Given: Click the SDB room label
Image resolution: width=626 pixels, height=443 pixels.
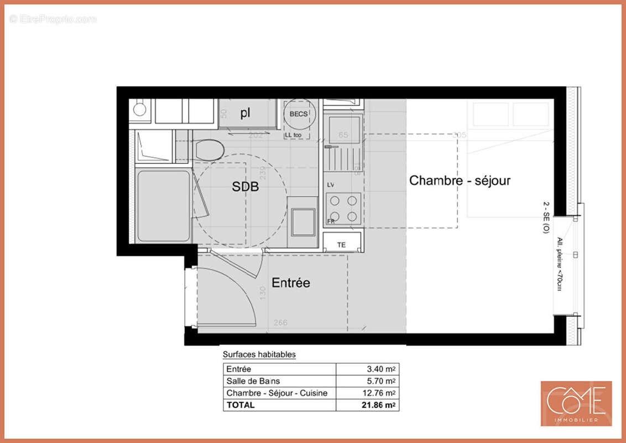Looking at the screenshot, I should pos(246,187).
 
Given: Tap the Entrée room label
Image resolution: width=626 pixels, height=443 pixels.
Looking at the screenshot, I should pos(291,283).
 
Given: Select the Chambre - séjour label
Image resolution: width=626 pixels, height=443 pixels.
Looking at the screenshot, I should pos(460,181).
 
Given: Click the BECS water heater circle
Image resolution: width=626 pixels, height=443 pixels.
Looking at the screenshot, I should pos(299,115).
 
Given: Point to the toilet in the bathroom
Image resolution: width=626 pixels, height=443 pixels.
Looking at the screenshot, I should pos(209,150).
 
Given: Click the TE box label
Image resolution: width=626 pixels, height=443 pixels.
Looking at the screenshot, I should pos(341,244).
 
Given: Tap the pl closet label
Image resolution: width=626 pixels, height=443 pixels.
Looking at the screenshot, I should pos(246,114).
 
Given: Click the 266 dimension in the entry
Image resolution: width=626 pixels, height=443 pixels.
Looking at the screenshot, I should pos(281,323).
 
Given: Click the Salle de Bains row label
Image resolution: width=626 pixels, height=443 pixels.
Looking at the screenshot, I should pos(253,381).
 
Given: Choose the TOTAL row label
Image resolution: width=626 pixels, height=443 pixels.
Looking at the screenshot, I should pos(241,405).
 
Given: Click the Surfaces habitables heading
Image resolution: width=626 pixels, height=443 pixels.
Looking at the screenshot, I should pos(259,354).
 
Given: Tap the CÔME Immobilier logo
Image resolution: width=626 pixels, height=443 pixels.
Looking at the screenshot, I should pos(576,403).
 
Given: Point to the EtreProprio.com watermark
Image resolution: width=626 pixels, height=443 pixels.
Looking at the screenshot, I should pos(53,19).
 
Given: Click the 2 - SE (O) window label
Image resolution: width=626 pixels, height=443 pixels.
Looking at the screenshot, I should pos(546,218).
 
